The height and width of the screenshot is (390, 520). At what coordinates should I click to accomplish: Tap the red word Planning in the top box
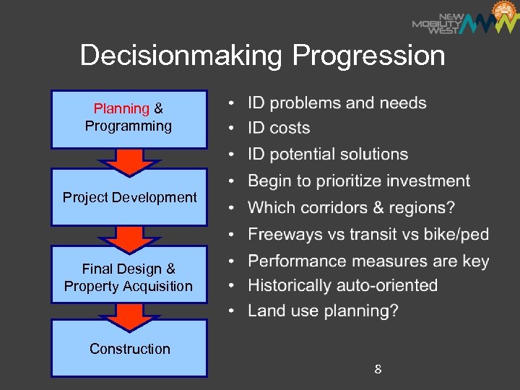(121, 109)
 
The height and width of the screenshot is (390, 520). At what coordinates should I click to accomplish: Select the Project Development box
(129, 197)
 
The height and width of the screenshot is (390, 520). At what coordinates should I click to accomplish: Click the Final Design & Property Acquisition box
(129, 277)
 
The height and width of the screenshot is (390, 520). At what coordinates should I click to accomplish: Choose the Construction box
(130, 349)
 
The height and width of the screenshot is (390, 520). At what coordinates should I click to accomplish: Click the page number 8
(378, 370)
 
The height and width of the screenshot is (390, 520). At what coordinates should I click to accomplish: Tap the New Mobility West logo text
(436, 23)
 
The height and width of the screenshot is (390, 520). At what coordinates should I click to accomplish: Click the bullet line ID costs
(279, 129)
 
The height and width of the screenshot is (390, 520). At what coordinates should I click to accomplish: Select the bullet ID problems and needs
(337, 103)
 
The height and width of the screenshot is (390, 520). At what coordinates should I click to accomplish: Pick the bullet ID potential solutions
(328, 155)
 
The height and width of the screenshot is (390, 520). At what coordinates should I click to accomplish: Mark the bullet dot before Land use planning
(231, 311)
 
